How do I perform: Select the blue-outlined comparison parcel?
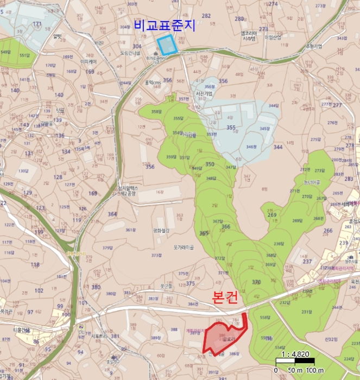coord(167,45)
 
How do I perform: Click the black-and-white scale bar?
coord(295,360)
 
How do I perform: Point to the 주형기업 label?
coord(314,46)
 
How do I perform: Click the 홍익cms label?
coord(153,83)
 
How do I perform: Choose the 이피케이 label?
coord(88,62)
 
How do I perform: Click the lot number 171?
coord(37,24)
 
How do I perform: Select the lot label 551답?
coord(24,55)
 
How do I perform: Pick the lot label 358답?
coord(156,112)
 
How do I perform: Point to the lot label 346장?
coord(251,147)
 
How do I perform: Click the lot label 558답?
coord(265,317)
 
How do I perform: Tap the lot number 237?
coord(307,261)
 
